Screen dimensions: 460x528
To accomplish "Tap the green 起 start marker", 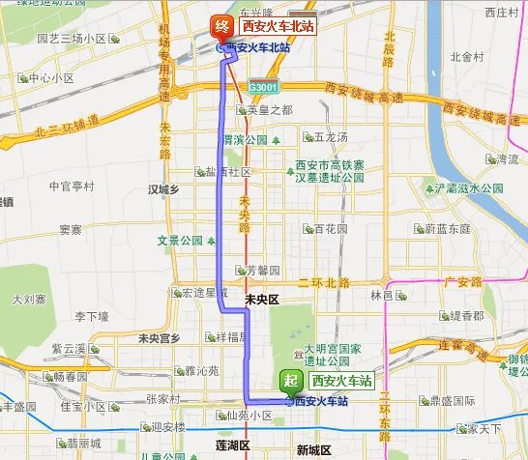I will click(289, 381).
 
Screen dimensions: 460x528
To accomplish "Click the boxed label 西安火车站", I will click(339, 381).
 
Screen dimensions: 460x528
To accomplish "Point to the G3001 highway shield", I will click(261, 87).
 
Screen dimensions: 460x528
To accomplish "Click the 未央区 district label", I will click(261, 301).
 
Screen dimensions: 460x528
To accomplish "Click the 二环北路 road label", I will click(326, 282).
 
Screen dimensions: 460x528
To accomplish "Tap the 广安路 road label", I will click(461, 282).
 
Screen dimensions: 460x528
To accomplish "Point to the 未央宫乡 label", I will click(159, 338).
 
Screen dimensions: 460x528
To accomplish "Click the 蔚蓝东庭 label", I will click(447, 229).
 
